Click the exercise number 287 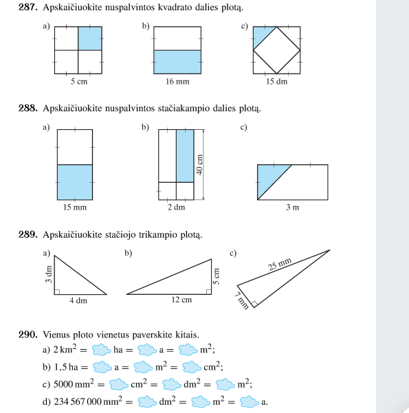pos(28,7)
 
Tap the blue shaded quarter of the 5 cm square pos(90,38)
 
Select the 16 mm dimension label pos(177,81)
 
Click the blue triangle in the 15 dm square pos(261,34)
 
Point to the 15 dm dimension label pos(276,81)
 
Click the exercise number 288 pos(28,108)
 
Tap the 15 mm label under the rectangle pos(75,208)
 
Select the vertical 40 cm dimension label pos(199,165)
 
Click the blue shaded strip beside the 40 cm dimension pos(185,156)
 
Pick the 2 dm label pos(176,208)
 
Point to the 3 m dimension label pos(293,208)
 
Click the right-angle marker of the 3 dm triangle pos(57,291)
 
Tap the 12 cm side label pos(181,300)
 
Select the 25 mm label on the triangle pos(280,264)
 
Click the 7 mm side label pos(242,301)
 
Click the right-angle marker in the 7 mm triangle pos(254,304)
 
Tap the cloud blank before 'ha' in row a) pos(102,350)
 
